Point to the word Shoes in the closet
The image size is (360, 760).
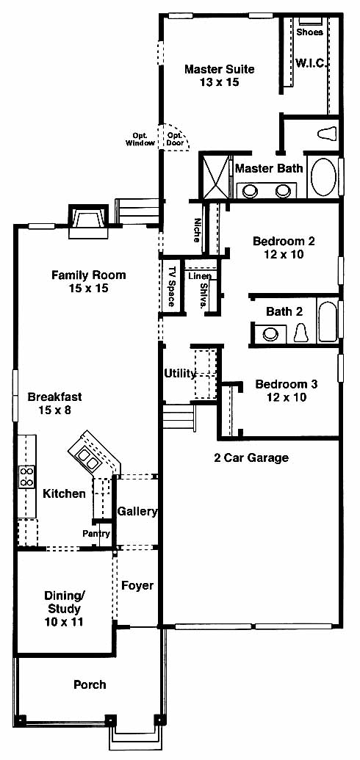pyautogui.click(x=309, y=32)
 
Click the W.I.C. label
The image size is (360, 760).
pyautogui.click(x=312, y=63)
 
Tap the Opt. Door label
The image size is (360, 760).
pyautogui.click(x=174, y=140)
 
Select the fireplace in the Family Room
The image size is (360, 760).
pyautogui.click(x=88, y=222)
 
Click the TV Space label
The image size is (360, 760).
pyautogui.click(x=171, y=286)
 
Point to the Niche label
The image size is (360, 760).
pyautogui.click(x=196, y=230)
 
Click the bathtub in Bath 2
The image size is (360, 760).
pyautogui.click(x=327, y=322)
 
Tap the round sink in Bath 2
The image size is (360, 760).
pyautogui.click(x=268, y=334)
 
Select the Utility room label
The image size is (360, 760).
pyautogui.click(x=180, y=374)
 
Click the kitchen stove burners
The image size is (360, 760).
pyautogui.click(x=26, y=477)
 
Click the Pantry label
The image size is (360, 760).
pyautogui.click(x=96, y=534)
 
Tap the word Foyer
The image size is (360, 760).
pyautogui.click(x=137, y=585)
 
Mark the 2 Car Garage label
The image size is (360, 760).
pyautogui.click(x=251, y=457)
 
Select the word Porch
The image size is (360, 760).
pyautogui.click(x=90, y=685)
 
